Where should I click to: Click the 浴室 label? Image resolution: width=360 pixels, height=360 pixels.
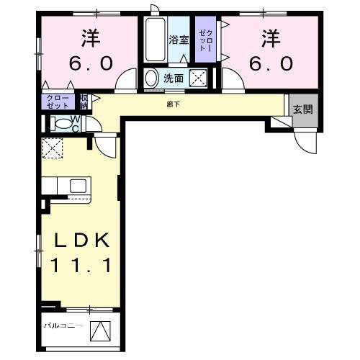(x=179, y=41)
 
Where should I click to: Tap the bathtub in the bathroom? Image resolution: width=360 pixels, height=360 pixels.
(x=154, y=42)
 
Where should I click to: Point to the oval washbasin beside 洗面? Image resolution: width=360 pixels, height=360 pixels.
(x=152, y=78)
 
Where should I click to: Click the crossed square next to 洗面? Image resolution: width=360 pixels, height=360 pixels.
(x=198, y=78)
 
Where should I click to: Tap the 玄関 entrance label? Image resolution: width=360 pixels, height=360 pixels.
(x=302, y=109)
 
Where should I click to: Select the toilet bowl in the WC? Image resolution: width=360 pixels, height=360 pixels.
(x=60, y=124)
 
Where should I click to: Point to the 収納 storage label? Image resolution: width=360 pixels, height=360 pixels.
(x=84, y=100)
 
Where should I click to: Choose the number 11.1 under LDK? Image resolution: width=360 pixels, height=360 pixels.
(x=78, y=266)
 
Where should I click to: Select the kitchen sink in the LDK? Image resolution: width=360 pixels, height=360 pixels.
(x=78, y=186)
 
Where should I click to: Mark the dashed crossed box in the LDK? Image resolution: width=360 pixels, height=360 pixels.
(x=53, y=148)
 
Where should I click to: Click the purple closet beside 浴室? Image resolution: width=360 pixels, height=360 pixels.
(x=206, y=41)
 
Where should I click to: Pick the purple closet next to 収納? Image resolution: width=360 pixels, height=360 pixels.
(x=59, y=101)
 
